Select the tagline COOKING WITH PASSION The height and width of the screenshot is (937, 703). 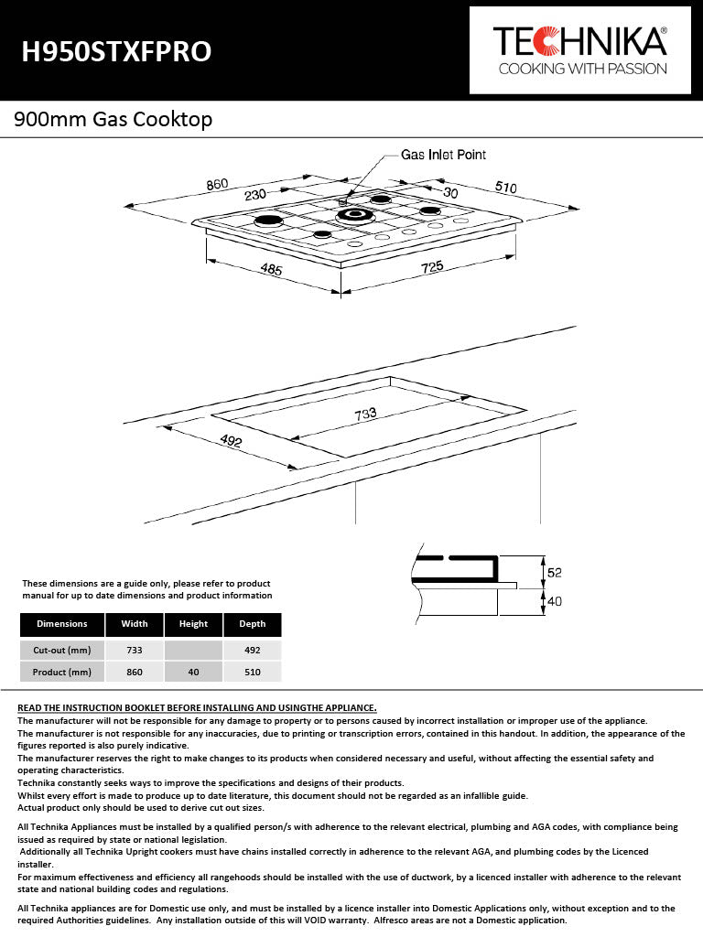tap(581, 69)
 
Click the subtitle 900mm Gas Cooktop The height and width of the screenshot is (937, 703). tap(113, 119)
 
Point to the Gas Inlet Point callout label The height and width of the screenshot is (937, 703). tap(443, 155)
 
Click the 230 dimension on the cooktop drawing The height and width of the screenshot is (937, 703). tap(255, 194)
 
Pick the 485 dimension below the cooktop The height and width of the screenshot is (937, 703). tap(271, 270)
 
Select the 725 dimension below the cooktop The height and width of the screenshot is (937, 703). tap(432, 267)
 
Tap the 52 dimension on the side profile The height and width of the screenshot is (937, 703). tap(554, 573)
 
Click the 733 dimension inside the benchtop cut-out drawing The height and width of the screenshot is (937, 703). tap(365, 414)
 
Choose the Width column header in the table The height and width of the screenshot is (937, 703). tap(134, 624)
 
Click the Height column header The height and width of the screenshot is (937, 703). tap(193, 624)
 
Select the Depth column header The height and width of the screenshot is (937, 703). tap(252, 624)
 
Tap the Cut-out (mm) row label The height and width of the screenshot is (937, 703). tap(62, 650)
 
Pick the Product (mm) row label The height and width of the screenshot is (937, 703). tap(62, 672)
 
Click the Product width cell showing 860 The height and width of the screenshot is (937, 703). tap(134, 672)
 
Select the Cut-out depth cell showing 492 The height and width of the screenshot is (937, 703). tap(252, 650)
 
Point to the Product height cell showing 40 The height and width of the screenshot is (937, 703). tap(193, 672)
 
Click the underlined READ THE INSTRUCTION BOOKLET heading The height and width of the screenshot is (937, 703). tap(197, 707)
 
